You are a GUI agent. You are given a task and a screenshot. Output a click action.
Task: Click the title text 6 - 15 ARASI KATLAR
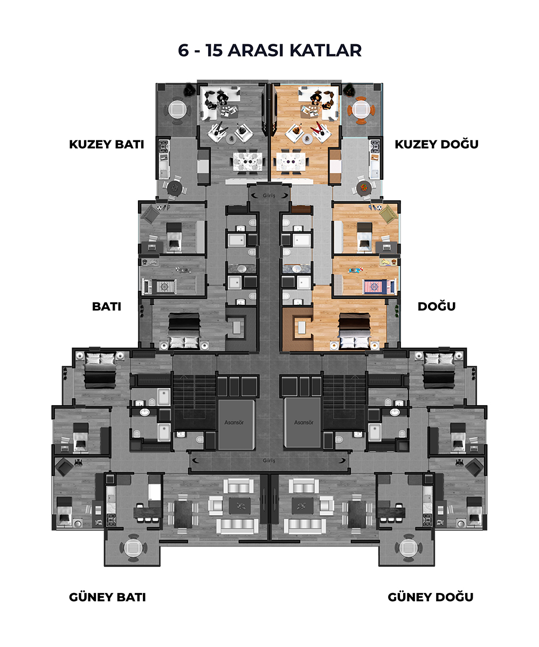[x=269, y=50]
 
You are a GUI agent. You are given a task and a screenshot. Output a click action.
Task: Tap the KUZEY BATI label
[x=107, y=145]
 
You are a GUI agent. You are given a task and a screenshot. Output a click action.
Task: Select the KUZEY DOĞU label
[x=437, y=144]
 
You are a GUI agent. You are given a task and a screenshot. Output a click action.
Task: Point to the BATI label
[x=107, y=307]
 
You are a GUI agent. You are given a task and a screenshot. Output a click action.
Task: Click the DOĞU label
[x=437, y=306]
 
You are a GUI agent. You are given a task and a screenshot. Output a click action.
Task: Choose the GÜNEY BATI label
[x=108, y=597]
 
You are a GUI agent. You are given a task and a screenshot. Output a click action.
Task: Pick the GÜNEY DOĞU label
[x=431, y=597]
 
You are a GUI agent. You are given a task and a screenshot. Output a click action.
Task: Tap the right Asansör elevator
[x=303, y=424]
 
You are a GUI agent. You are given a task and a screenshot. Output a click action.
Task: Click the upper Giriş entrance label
[x=269, y=195]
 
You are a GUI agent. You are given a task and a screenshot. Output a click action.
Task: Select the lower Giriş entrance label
[x=269, y=460]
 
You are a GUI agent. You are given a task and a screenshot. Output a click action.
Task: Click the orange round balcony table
[x=361, y=110]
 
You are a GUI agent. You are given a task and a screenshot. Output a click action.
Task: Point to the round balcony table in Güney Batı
[x=133, y=548]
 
